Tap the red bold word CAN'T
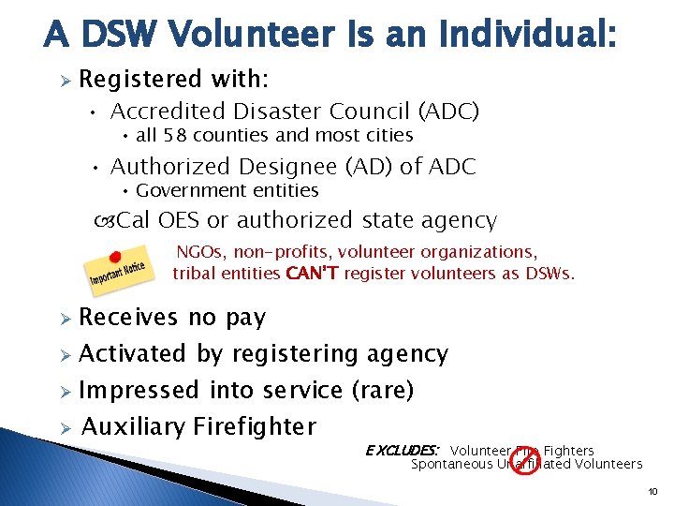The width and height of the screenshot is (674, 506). [x=314, y=274]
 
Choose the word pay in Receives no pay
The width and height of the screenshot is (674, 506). [x=245, y=318]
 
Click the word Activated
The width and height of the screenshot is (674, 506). [x=133, y=354]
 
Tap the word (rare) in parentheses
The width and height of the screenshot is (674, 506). [x=381, y=390]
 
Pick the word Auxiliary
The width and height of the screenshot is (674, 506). [x=133, y=427]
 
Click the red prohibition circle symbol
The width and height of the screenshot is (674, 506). [x=524, y=458]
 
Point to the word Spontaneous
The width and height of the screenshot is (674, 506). [x=450, y=464]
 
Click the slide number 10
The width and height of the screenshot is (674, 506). [x=653, y=491]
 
